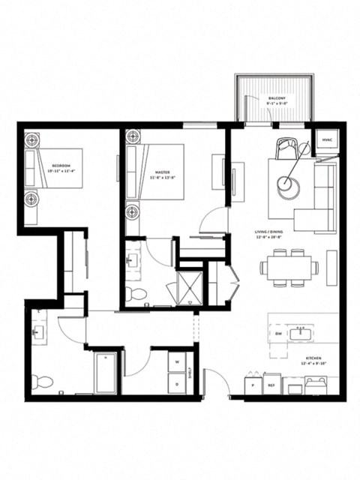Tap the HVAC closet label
pos(327,140)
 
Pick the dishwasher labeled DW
pos(278,332)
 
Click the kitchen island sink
pos(305,331)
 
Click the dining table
pos(289,267)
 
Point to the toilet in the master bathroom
pos(135,292)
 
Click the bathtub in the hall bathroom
pos(106,373)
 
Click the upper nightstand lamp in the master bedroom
pos(133,137)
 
